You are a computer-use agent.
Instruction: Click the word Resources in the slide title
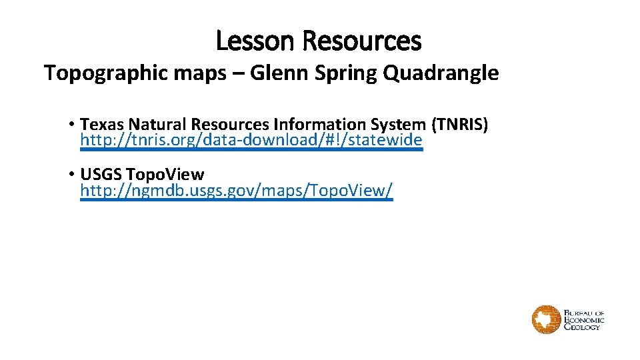pos(361,41)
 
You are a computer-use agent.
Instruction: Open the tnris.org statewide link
pos(251,140)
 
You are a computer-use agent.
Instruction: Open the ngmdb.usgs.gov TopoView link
pos(236,191)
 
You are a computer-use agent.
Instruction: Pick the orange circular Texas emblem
pos(546,319)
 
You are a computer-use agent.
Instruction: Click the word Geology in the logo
pos(583,327)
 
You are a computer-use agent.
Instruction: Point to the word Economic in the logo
pos(584,320)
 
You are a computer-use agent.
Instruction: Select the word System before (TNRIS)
pos(391,124)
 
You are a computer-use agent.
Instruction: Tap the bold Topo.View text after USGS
pos(165,175)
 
